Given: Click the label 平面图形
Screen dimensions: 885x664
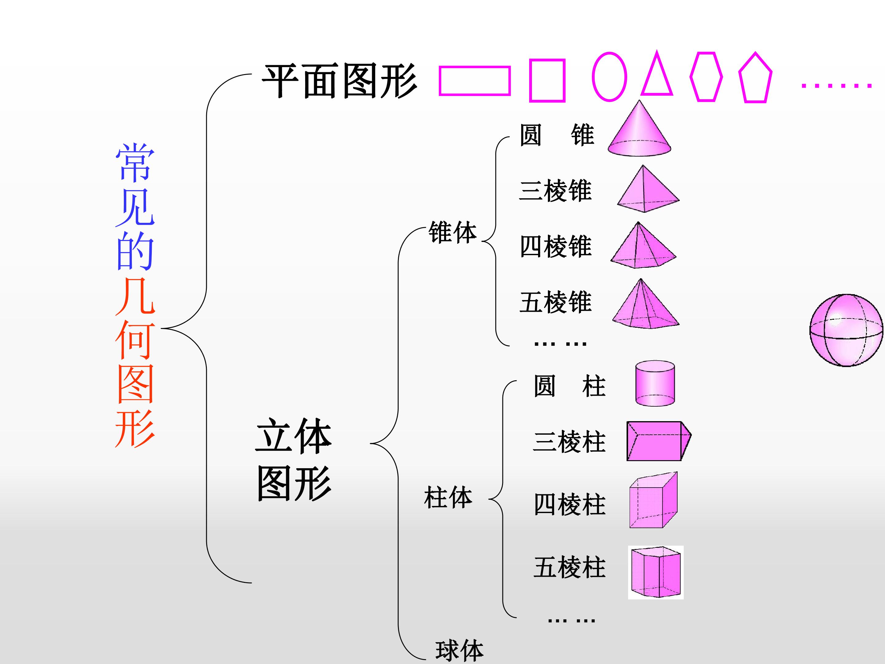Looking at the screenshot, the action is click(x=339, y=81).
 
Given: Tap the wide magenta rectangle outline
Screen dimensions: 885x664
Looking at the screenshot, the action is click(x=474, y=67).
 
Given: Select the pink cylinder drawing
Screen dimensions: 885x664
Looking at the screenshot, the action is click(x=655, y=383).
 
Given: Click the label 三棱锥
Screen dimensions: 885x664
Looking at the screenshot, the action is click(x=555, y=191).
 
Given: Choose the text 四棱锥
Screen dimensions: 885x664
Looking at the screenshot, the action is click(x=555, y=246).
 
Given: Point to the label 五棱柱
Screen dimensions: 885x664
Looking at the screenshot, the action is click(x=569, y=567).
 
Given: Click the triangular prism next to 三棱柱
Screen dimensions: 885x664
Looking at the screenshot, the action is click(x=659, y=441).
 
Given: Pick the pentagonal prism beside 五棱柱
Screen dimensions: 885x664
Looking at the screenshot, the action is click(x=656, y=572).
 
